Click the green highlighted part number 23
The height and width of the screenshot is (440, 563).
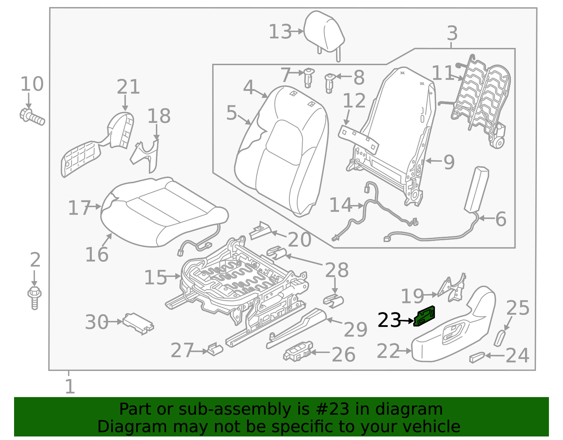point(425,316)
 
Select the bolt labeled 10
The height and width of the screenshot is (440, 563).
point(32,117)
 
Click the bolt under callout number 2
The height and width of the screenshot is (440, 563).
point(34,298)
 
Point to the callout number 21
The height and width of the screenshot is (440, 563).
point(128,87)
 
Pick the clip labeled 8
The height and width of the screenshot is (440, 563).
point(329,82)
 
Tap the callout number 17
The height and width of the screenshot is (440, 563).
point(79,208)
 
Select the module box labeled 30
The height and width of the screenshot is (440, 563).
point(138,323)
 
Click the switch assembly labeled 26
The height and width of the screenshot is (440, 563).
point(298,352)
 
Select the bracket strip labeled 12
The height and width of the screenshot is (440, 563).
point(358,139)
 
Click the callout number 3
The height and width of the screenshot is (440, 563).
point(452,33)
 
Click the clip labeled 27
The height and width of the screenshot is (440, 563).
point(215,349)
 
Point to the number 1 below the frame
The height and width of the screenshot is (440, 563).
point(70,387)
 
